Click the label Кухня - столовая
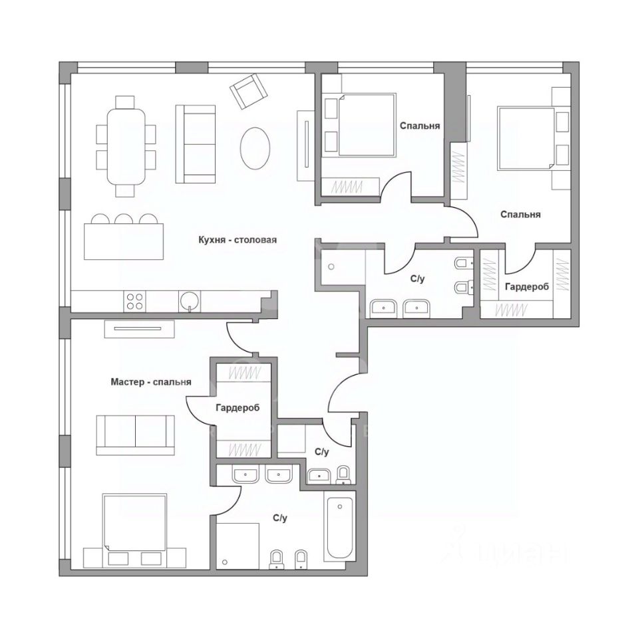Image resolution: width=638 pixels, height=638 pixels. point(238,240)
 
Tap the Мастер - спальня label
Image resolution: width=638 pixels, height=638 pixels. point(151,382)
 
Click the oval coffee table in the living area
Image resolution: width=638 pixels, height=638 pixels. point(255,148)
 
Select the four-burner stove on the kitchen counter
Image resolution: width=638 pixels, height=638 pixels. point(134,302)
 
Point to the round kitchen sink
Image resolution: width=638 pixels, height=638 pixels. point(190,301)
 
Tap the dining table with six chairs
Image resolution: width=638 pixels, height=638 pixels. point(126,146)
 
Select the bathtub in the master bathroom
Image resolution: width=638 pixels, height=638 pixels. point(339,525)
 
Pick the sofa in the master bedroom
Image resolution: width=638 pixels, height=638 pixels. point(136,435)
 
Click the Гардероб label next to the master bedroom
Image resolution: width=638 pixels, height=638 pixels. point(238,407)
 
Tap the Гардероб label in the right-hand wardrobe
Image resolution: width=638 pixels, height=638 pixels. point(527,287)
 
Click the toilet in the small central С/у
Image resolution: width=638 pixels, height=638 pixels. point(343,476)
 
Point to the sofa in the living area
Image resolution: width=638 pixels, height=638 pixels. point(196,144)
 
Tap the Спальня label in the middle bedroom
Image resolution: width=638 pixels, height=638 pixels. point(420,126)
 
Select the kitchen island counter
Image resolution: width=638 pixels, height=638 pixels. point(124,241)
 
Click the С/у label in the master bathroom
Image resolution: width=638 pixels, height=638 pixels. point(280,518)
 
